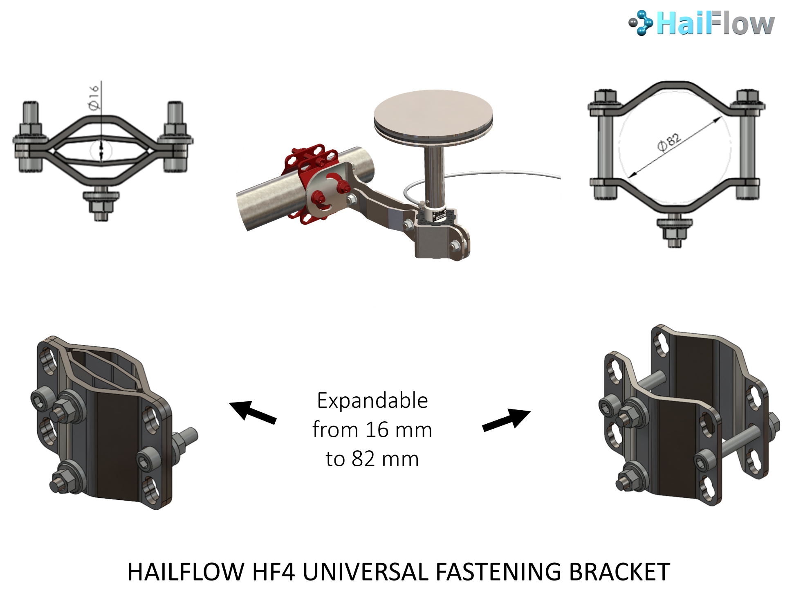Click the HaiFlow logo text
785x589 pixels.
[715, 24]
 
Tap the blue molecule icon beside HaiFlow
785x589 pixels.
[641, 23]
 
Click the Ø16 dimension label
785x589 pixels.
[94, 97]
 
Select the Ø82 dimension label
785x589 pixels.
[669, 142]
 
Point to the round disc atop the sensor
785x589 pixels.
[433, 118]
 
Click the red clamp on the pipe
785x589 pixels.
[313, 183]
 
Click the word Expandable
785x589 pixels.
[372, 401]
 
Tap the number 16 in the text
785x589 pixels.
[377, 430]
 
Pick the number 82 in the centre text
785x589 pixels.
[363, 459]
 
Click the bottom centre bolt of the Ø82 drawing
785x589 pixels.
[675, 233]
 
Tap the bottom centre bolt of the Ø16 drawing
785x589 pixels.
[101, 203]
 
